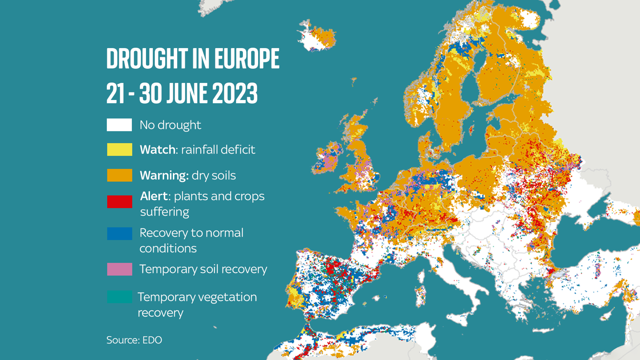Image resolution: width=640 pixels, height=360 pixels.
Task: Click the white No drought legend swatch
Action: [x=119, y=125]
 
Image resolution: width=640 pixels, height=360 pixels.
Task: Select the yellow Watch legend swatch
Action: [x=119, y=149]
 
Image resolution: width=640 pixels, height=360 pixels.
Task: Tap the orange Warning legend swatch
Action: [x=119, y=175]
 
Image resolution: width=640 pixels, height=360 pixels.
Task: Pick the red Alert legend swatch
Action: [x=119, y=202]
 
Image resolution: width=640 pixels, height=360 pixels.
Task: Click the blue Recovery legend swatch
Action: [x=119, y=233]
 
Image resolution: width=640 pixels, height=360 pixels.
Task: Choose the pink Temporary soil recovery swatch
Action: [x=119, y=269]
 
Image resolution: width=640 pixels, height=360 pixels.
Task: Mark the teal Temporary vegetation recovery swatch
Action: [x=119, y=297]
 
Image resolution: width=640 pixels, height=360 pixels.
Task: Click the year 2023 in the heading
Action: [x=235, y=93]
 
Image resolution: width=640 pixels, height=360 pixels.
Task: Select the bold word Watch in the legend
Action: [x=157, y=150]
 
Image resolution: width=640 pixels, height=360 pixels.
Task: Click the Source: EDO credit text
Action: [x=134, y=340]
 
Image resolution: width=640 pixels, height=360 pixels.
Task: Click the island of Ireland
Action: [x=327, y=158]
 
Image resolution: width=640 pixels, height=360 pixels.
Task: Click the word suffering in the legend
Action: [x=164, y=212]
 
